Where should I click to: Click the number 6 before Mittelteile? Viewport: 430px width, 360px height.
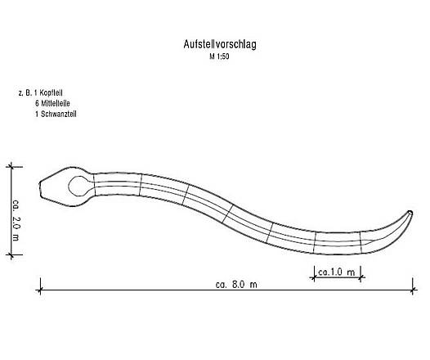(37, 104)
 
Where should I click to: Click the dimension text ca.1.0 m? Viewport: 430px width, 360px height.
(335, 271)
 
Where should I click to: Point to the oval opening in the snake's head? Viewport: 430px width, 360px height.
(79, 185)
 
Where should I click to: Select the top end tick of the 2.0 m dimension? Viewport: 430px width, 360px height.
(11, 165)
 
